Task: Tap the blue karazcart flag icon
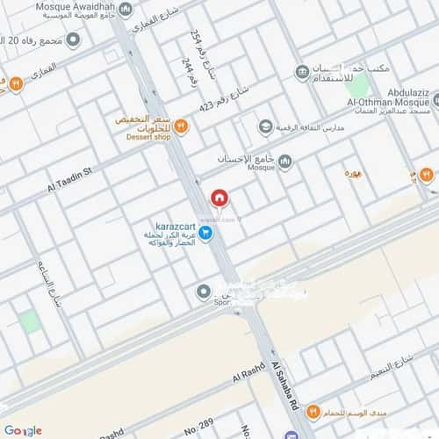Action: pos(205,233)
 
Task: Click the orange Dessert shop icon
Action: pos(181,126)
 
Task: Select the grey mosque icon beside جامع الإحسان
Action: pos(285,160)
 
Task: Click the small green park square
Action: pos(31,320)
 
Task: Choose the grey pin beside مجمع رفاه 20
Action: pos(74,40)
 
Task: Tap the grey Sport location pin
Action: pos(204,291)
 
